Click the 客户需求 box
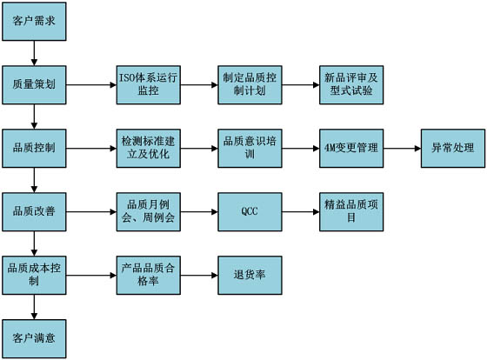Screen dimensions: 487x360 coord(34,22)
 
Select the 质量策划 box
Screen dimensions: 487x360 coord(34,85)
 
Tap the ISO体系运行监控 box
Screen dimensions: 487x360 coord(149,85)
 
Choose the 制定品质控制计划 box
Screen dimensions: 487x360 coord(250,85)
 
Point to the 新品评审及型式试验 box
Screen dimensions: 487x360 coord(351,85)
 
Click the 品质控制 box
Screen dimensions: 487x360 coord(34,149)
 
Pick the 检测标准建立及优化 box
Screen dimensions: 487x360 coord(149,149)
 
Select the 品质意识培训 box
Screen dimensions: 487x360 coord(250,149)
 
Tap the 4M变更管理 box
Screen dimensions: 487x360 coord(351,149)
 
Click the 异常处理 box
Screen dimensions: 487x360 coord(453,149)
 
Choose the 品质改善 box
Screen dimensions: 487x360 coord(34,212)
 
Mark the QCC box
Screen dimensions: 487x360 coord(250,212)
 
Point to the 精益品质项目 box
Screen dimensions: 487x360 coord(351,212)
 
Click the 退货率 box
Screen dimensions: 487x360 coord(250,275)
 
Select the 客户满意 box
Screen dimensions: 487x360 coord(34,339)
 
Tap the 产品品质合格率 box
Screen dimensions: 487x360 coord(149,275)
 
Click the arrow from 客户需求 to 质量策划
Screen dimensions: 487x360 coord(34,53)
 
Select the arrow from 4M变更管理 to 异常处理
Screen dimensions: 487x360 coord(402,149)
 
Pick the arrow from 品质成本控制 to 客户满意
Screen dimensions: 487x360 coord(34,307)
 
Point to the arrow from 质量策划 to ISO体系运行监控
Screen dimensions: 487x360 coord(91,85)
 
